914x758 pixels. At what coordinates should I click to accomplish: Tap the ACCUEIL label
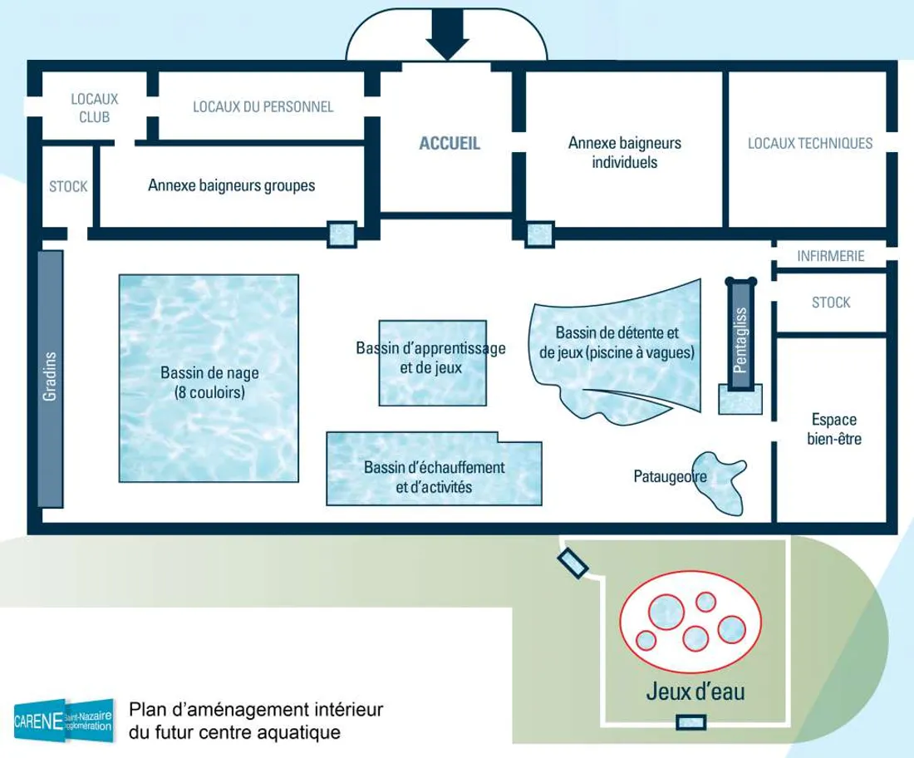pos(450,143)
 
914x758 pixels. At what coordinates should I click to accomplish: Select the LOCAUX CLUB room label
pos(95,108)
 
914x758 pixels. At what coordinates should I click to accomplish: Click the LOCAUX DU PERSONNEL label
pos(263,106)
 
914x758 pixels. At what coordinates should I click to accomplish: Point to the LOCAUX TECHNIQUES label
pos(810,143)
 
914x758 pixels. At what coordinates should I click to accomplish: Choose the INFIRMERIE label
pos(831,256)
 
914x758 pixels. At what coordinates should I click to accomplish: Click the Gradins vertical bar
pos(50,378)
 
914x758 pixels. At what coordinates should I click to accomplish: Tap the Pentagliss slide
pos(741,337)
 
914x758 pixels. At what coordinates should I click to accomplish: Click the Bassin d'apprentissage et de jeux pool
pos(431,363)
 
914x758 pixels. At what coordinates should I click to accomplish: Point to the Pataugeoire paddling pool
pos(720,482)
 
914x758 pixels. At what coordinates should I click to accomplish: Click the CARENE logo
pos(63,716)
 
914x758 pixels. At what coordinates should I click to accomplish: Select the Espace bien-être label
pos(833,429)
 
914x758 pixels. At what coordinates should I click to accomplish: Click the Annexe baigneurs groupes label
pos(231,185)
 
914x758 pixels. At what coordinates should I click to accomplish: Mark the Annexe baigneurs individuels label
pos(624,152)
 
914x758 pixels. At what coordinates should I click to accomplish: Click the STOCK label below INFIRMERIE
pos(831,303)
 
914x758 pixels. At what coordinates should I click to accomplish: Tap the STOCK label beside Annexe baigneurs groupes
pos(68,186)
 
